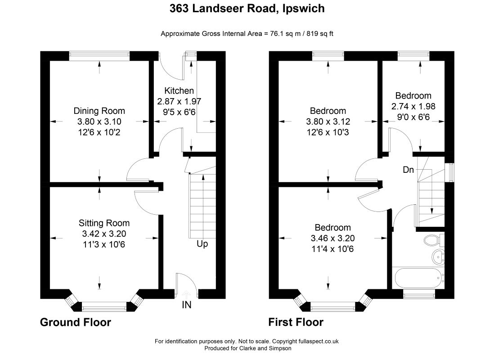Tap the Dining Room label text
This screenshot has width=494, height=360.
[99, 111]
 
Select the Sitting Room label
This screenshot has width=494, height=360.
[104, 223]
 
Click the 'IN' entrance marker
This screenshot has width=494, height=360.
[186, 305]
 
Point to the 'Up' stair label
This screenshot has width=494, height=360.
[202, 244]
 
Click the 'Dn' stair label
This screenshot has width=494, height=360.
[408, 170]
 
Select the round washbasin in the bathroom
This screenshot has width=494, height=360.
[437, 257]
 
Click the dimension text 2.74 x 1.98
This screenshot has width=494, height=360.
[413, 106]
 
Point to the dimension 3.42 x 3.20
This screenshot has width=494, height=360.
[104, 233]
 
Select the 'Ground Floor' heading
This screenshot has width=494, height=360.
[75, 322]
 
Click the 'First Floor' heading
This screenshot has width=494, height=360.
[296, 322]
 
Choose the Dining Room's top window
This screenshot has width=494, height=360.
[99, 56]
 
